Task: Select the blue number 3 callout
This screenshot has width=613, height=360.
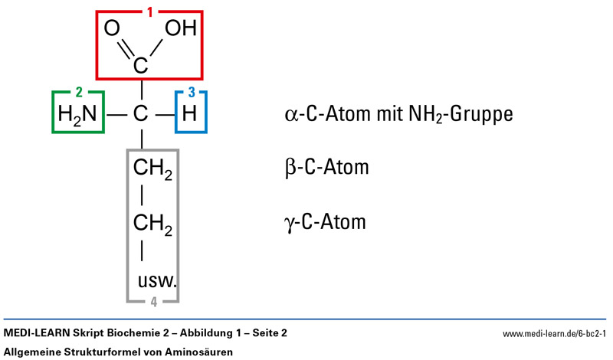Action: pos(192,93)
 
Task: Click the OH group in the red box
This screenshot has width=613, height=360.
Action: pos(181,29)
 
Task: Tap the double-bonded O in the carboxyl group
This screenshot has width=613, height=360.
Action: pos(112,29)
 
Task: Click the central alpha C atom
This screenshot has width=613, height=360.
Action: pos(141,116)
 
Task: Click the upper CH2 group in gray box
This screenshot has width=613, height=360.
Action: pos(153,168)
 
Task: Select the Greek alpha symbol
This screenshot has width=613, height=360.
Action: pos(290,115)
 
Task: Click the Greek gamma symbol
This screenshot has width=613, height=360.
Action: pos(289,224)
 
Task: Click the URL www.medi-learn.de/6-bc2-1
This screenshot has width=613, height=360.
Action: pos(554,334)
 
